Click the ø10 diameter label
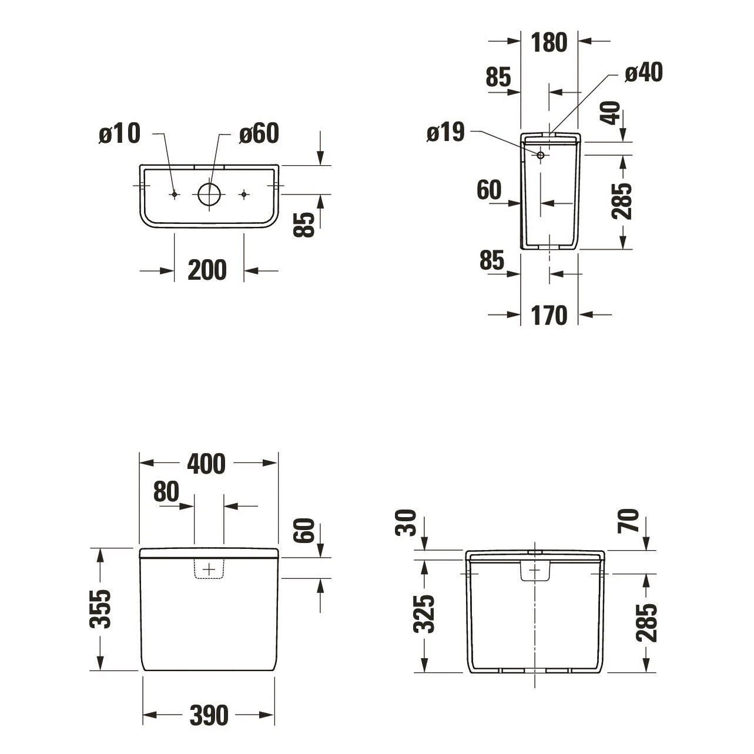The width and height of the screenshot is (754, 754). [120, 134]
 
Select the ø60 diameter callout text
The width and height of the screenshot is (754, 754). [259, 134]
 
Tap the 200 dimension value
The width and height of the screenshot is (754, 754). [207, 270]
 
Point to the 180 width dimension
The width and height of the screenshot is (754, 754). [549, 42]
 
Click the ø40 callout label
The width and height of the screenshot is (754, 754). [643, 73]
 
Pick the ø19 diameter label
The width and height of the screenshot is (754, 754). [445, 133]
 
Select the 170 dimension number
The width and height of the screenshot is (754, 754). [549, 316]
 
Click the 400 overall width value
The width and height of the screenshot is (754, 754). [206, 464]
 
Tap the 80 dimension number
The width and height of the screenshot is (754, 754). [166, 492]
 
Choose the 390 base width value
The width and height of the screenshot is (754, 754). [209, 716]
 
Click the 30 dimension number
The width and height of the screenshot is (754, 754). [407, 522]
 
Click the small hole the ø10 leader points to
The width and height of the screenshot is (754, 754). [174, 195]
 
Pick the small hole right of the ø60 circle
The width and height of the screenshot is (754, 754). [244, 195]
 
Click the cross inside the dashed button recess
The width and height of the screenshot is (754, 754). [209, 569]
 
